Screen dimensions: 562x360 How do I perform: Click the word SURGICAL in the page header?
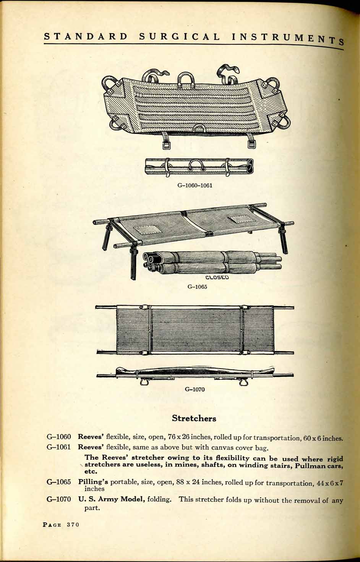click(x=180, y=37)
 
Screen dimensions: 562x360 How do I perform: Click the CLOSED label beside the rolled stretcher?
click(x=217, y=277)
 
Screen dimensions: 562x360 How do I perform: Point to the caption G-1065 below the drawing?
click(x=197, y=287)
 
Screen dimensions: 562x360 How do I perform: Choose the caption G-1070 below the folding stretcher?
click(x=195, y=390)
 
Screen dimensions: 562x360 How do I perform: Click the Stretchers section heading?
click(x=194, y=418)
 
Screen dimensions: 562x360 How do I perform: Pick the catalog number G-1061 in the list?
click(x=59, y=447)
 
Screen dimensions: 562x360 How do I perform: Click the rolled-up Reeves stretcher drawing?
click(x=199, y=167)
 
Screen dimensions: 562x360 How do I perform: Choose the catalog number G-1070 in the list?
click(x=59, y=500)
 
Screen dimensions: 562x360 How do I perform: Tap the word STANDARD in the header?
click(x=86, y=37)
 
